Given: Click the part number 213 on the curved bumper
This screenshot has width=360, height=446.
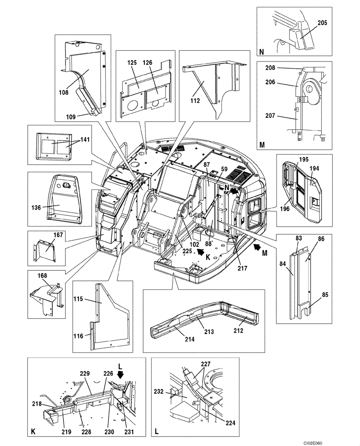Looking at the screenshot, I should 208,332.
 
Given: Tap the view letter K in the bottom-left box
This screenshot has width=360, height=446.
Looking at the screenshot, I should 33,431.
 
